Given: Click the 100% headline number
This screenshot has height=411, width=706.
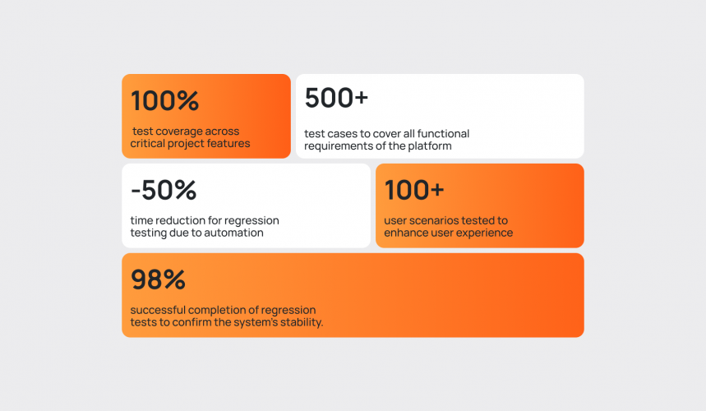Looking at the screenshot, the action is pos(165,100).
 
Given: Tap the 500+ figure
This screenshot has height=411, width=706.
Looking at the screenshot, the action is pos(336,98).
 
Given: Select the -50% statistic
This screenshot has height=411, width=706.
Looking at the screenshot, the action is pos(164,190).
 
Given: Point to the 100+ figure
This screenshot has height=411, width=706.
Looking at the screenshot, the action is pos(414,190).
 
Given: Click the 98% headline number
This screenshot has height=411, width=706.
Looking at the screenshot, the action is pos(158,279).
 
